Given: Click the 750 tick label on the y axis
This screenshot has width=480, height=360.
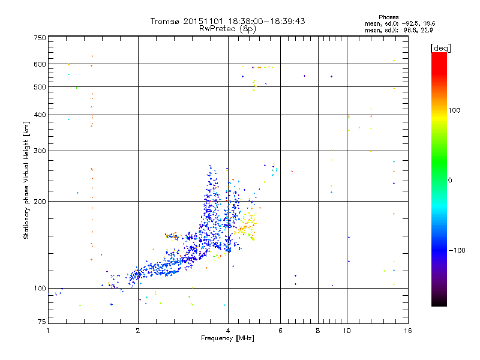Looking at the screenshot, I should [40, 38].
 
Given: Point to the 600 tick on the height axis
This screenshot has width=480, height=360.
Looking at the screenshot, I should [40, 64].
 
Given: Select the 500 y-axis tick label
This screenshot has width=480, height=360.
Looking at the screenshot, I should [40, 87].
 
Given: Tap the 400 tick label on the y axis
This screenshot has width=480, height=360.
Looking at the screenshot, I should [40, 115].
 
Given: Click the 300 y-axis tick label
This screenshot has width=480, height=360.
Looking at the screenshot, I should [40, 151].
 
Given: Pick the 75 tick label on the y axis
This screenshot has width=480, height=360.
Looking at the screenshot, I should [41, 324].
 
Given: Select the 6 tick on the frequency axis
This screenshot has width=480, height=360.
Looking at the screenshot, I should [280, 331].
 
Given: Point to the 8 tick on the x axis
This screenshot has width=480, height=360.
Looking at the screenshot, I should [318, 331].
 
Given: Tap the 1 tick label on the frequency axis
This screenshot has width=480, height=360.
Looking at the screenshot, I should [48, 331].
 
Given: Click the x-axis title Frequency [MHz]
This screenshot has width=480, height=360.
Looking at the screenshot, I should [228, 338].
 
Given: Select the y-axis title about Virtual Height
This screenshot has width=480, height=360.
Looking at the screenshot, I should [26, 180].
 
